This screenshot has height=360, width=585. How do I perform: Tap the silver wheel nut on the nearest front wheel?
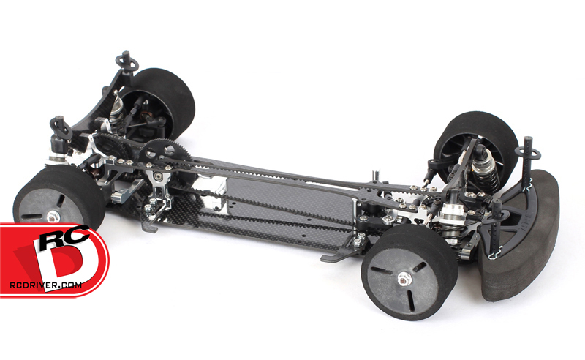click(402, 278)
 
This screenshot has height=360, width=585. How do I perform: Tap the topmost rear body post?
click(127, 62)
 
